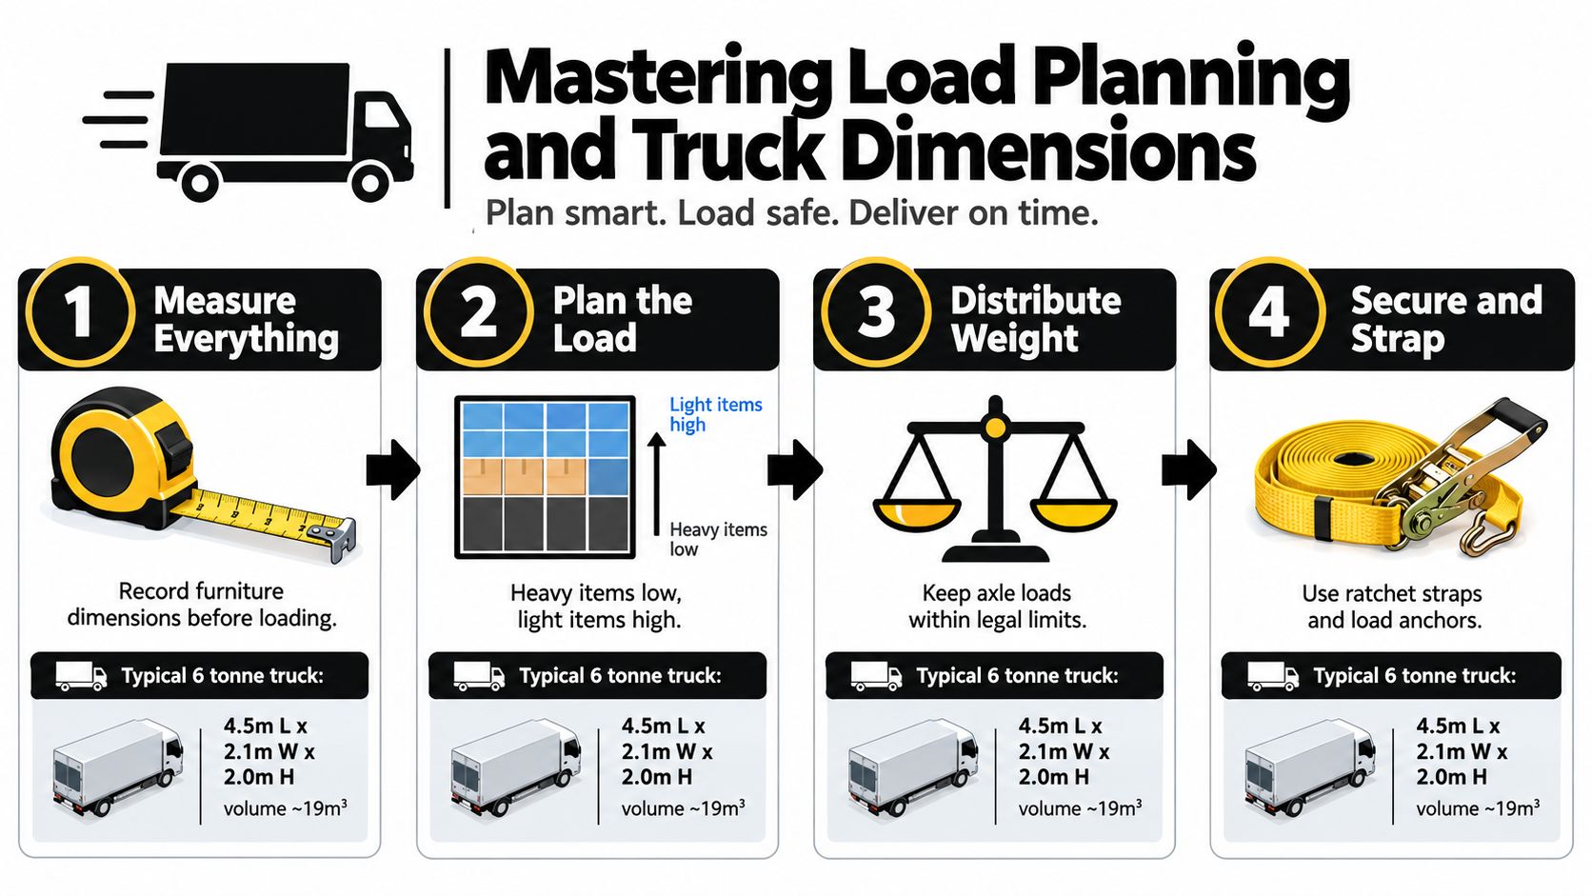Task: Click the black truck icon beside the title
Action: point(249,131)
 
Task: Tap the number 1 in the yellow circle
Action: point(77,312)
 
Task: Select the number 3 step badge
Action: point(876,312)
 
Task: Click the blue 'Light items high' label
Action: point(716,414)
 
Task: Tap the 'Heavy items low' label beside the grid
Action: point(718,539)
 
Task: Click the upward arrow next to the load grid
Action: point(657,486)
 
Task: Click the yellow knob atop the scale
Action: point(995,427)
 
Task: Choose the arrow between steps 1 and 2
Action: point(393,469)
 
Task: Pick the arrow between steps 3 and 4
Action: point(1188,469)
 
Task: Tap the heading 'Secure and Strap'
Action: point(1446,319)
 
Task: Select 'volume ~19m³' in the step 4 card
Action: point(1478,807)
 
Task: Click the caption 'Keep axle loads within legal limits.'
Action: point(997,607)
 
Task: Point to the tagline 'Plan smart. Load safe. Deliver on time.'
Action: point(792,213)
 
